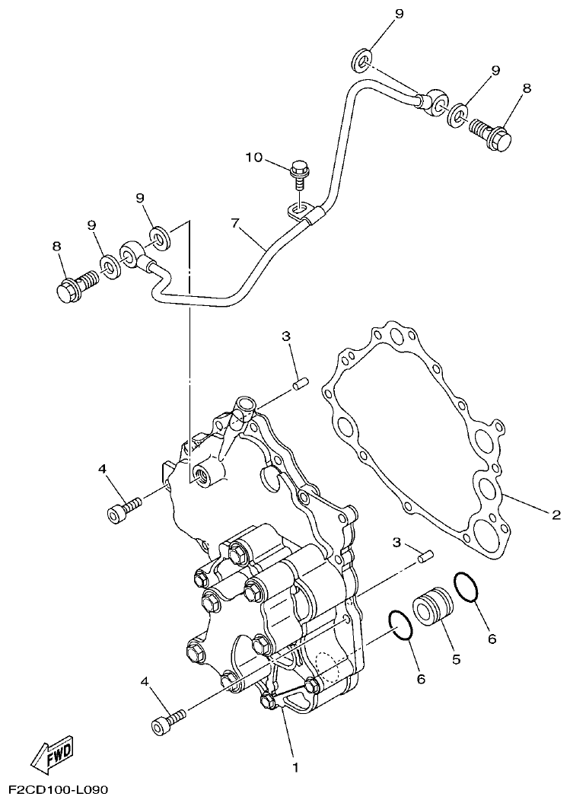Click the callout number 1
click(295, 766)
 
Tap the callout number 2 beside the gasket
click(556, 515)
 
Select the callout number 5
click(457, 659)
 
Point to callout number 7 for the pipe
click(235, 224)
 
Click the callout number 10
click(253, 158)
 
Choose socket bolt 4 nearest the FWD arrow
click(169, 720)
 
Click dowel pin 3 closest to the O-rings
click(426, 560)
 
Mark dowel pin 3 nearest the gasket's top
click(300, 384)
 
